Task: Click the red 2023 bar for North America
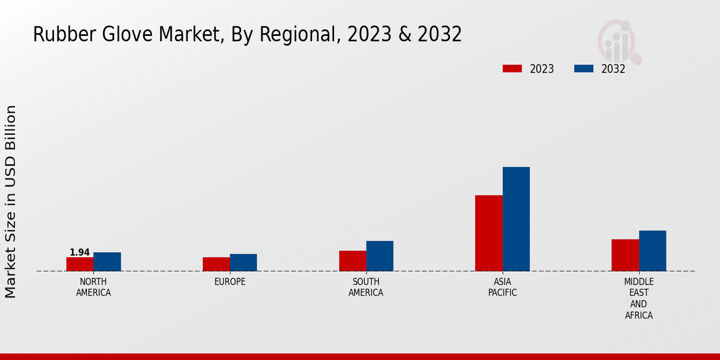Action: click(x=80, y=264)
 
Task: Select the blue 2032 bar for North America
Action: click(x=107, y=262)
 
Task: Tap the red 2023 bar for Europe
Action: click(x=216, y=264)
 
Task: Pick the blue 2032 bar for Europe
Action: click(x=243, y=262)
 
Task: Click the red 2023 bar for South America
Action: click(x=352, y=260)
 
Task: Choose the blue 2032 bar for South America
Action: click(x=380, y=256)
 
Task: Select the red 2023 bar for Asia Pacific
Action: click(x=488, y=233)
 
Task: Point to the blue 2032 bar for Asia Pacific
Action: click(x=516, y=218)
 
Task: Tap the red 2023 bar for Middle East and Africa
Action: click(x=625, y=255)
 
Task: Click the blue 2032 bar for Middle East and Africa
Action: click(x=652, y=250)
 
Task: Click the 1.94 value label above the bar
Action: click(x=80, y=253)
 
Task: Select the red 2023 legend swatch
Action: click(x=512, y=68)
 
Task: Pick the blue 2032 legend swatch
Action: click(x=584, y=68)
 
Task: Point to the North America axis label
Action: click(x=94, y=287)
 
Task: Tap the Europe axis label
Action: click(x=230, y=282)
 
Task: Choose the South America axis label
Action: click(x=366, y=287)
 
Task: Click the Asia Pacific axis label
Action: click(x=502, y=287)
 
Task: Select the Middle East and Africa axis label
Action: click(x=639, y=299)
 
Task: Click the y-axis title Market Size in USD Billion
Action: click(x=11, y=201)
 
